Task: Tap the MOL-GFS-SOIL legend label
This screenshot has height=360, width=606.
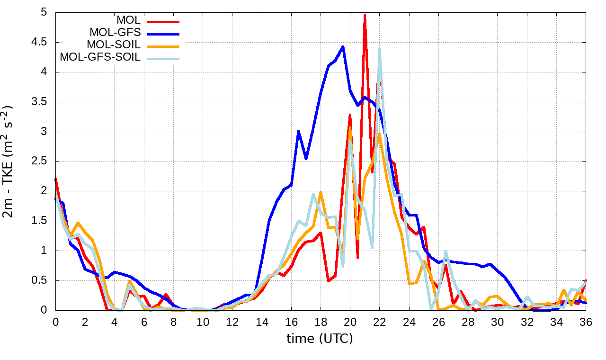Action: point(100,58)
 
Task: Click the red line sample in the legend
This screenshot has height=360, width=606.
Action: point(163,21)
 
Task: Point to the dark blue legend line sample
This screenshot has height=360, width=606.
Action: point(163,34)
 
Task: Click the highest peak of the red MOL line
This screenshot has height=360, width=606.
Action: point(365,15)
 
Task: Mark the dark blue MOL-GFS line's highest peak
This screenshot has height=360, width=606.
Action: point(343,46)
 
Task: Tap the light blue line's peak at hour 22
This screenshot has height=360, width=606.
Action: point(380,49)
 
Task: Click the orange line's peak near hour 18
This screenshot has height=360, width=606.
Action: point(321,192)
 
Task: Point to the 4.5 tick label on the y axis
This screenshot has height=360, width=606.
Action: point(40,43)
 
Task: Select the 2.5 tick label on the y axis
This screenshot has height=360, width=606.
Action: point(40,162)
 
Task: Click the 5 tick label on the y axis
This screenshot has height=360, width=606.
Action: point(44,13)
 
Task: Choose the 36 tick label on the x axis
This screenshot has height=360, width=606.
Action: point(586,322)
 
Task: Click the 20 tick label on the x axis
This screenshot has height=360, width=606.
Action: point(350,322)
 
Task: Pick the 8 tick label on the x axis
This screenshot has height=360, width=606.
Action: point(173,322)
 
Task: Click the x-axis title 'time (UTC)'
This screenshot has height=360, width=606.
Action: point(320,339)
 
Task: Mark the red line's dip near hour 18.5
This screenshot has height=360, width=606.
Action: point(328,281)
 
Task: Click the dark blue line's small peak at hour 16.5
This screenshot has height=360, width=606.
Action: point(299,131)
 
